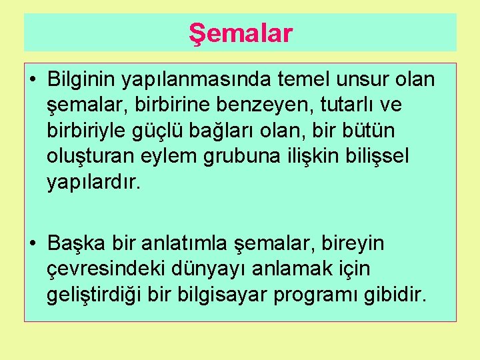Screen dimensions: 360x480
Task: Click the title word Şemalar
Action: coord(240,33)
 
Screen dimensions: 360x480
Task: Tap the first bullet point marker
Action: coord(33,81)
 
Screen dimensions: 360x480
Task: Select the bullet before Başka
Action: coord(33,245)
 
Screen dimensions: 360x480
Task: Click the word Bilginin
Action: coord(81,80)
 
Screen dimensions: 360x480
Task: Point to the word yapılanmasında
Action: coord(190,80)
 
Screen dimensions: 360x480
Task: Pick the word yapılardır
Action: coord(93,182)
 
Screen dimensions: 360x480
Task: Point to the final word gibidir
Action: coord(395,295)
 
